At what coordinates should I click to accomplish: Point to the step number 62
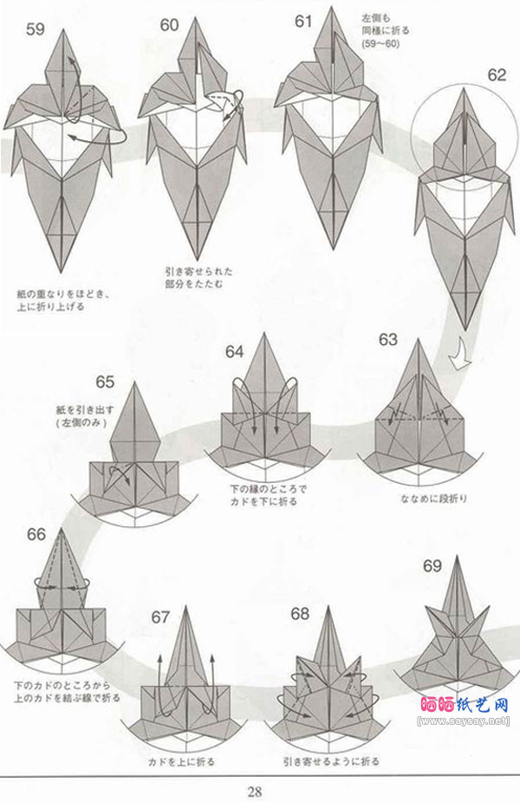click(x=496, y=75)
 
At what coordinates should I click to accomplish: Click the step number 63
click(x=387, y=339)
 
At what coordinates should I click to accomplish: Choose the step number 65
click(x=105, y=382)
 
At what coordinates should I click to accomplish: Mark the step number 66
click(x=36, y=534)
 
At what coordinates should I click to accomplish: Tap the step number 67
click(x=161, y=616)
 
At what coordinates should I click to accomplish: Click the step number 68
click(x=300, y=615)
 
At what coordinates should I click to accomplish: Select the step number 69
click(x=433, y=567)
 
